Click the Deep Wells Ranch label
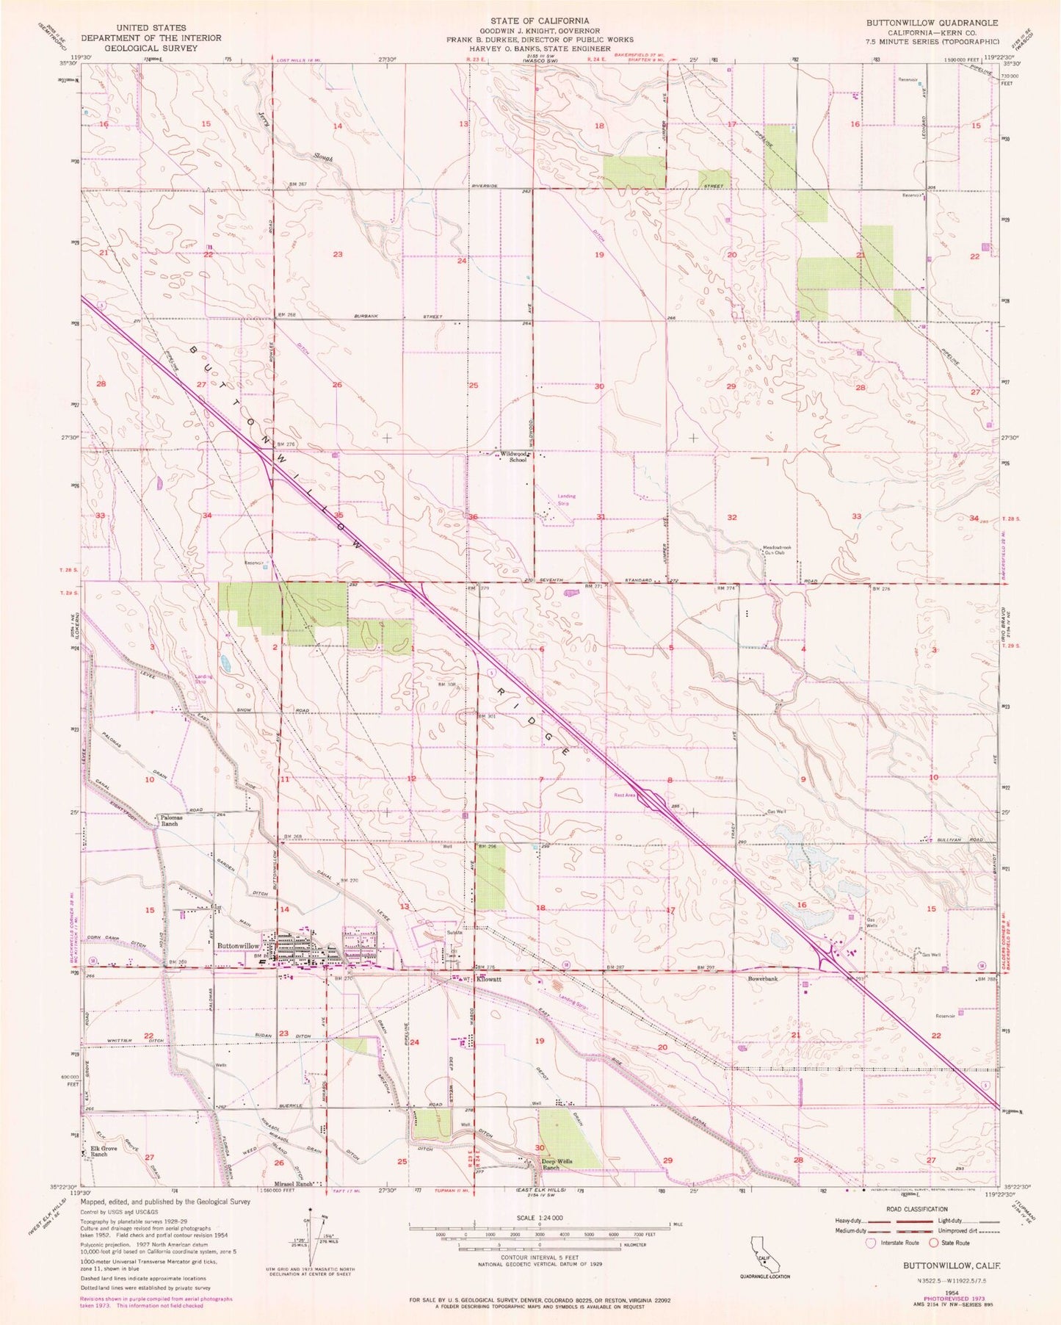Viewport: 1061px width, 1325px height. click(561, 1163)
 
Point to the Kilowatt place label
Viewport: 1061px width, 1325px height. click(488, 980)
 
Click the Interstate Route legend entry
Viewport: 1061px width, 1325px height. click(892, 1243)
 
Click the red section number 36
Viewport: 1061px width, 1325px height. click(474, 517)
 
